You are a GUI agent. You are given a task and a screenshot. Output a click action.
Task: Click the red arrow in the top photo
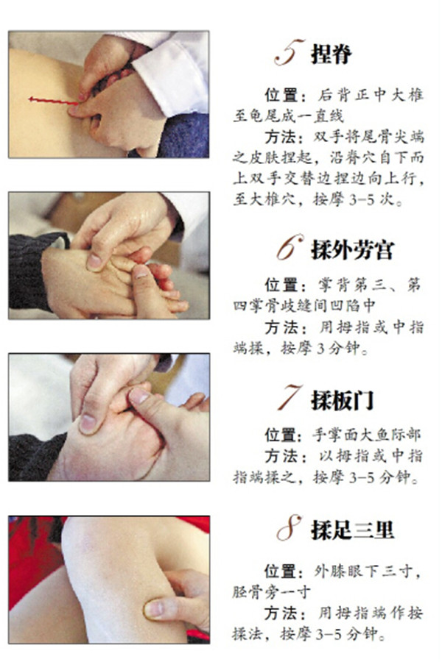53,101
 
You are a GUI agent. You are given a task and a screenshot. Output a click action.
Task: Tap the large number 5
289,52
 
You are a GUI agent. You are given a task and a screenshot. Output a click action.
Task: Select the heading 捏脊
331,54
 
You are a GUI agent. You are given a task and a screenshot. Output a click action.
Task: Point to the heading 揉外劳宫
353,250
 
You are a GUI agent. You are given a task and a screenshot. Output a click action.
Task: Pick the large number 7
290,397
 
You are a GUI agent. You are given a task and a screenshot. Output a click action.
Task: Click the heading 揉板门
343,400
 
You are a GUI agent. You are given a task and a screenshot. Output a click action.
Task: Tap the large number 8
290,527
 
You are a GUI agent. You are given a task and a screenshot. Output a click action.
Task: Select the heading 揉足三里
353,530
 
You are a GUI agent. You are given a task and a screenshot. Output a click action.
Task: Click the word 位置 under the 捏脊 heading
281,95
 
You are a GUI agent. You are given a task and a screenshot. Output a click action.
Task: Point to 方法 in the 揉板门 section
281,456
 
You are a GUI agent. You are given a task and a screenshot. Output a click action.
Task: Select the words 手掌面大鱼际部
367,435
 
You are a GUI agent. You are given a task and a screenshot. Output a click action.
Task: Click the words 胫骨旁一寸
271,592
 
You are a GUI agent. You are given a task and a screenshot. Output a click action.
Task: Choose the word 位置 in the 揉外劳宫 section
281,285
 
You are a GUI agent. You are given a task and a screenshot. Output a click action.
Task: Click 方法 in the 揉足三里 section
281,613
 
